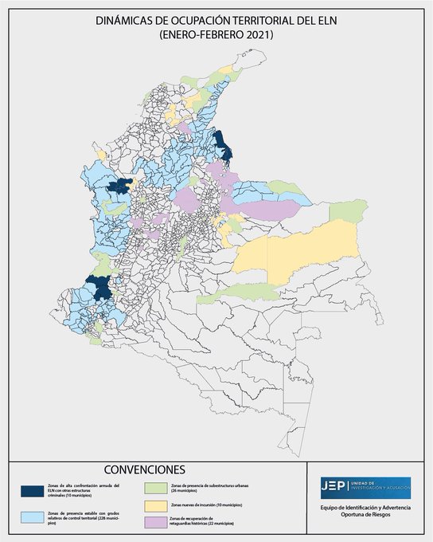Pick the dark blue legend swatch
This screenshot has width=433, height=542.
click(33, 489)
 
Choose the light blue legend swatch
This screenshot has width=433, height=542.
click(33, 516)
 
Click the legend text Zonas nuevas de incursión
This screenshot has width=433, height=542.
click(206, 506)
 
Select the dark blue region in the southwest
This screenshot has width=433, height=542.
click(102, 288)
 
